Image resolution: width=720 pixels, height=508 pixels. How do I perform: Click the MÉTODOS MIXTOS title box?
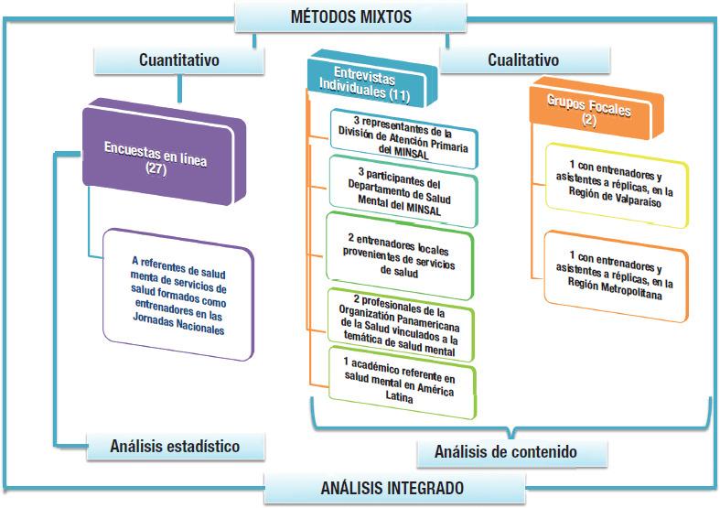(x=350, y=16)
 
